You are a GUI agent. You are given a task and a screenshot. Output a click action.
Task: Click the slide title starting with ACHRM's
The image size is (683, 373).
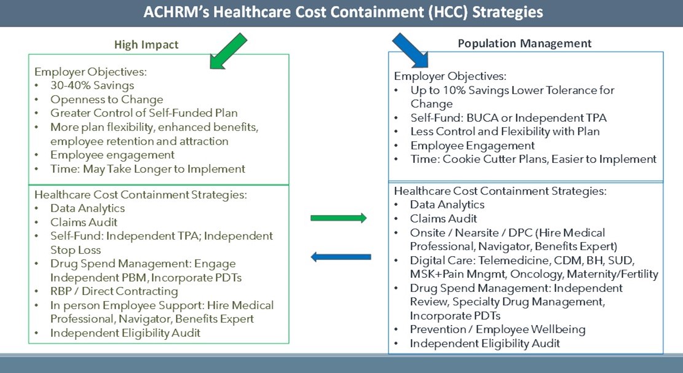(x=343, y=12)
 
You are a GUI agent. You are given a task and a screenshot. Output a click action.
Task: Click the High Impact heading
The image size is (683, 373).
(x=146, y=45)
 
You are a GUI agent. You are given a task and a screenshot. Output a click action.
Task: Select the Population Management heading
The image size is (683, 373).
(x=524, y=43)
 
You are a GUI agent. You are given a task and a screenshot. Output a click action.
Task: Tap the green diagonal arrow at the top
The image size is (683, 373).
(x=228, y=52)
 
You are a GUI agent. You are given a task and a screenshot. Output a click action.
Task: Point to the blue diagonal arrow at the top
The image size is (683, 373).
(x=410, y=50)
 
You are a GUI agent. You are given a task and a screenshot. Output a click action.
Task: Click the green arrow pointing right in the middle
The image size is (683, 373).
(x=339, y=218)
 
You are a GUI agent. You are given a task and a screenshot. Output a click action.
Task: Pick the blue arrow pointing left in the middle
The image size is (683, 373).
(x=341, y=257)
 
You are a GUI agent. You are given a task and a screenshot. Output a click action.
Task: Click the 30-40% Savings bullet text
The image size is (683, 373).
(x=92, y=85)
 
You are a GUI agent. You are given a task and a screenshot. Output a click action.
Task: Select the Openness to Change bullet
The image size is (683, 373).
(x=107, y=100)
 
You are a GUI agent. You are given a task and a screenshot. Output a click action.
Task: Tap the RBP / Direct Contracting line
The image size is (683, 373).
(x=114, y=291)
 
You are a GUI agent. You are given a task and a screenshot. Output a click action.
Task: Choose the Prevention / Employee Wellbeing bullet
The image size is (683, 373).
(x=497, y=329)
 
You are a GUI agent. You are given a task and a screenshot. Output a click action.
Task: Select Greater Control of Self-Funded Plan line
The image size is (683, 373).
(x=144, y=113)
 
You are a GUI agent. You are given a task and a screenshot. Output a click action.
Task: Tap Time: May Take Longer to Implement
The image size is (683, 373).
(x=148, y=169)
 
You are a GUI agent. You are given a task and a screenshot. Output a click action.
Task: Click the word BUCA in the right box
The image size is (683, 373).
(x=483, y=118)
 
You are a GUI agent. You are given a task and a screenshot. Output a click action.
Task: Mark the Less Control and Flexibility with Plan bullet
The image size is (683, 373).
(x=505, y=132)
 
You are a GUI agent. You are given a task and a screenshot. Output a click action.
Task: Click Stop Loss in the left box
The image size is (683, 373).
(x=76, y=250)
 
